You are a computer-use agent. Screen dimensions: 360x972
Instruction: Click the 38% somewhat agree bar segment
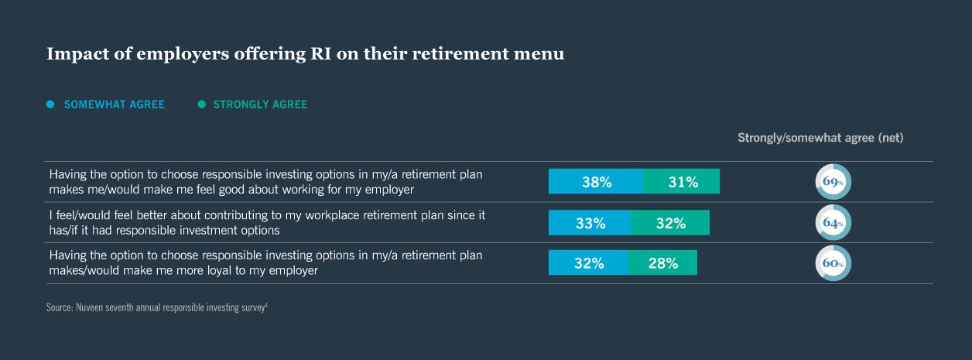pos(596,182)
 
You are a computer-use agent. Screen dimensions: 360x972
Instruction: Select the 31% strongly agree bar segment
pos(681,182)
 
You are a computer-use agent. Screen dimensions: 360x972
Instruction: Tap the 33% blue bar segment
pos(590,223)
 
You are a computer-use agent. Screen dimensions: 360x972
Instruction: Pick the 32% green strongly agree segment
pos(670,223)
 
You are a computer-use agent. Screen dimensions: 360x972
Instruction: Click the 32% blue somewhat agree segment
pos(588,262)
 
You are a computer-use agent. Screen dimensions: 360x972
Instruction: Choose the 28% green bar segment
pos(662,262)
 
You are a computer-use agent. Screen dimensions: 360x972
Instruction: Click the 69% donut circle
pos(833,182)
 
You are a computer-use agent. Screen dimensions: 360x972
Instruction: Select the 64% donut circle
pos(833,223)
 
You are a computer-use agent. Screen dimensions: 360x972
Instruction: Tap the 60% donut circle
pos(833,263)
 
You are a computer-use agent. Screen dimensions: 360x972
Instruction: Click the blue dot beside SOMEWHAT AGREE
pos(50,105)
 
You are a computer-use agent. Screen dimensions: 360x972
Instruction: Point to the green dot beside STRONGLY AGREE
pos(201,105)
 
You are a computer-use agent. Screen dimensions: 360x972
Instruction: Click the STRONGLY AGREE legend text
pos(260,105)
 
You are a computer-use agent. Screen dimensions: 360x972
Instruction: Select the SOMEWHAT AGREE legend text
pos(115,105)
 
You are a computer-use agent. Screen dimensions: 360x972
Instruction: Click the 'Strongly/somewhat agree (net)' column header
pos(820,138)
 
